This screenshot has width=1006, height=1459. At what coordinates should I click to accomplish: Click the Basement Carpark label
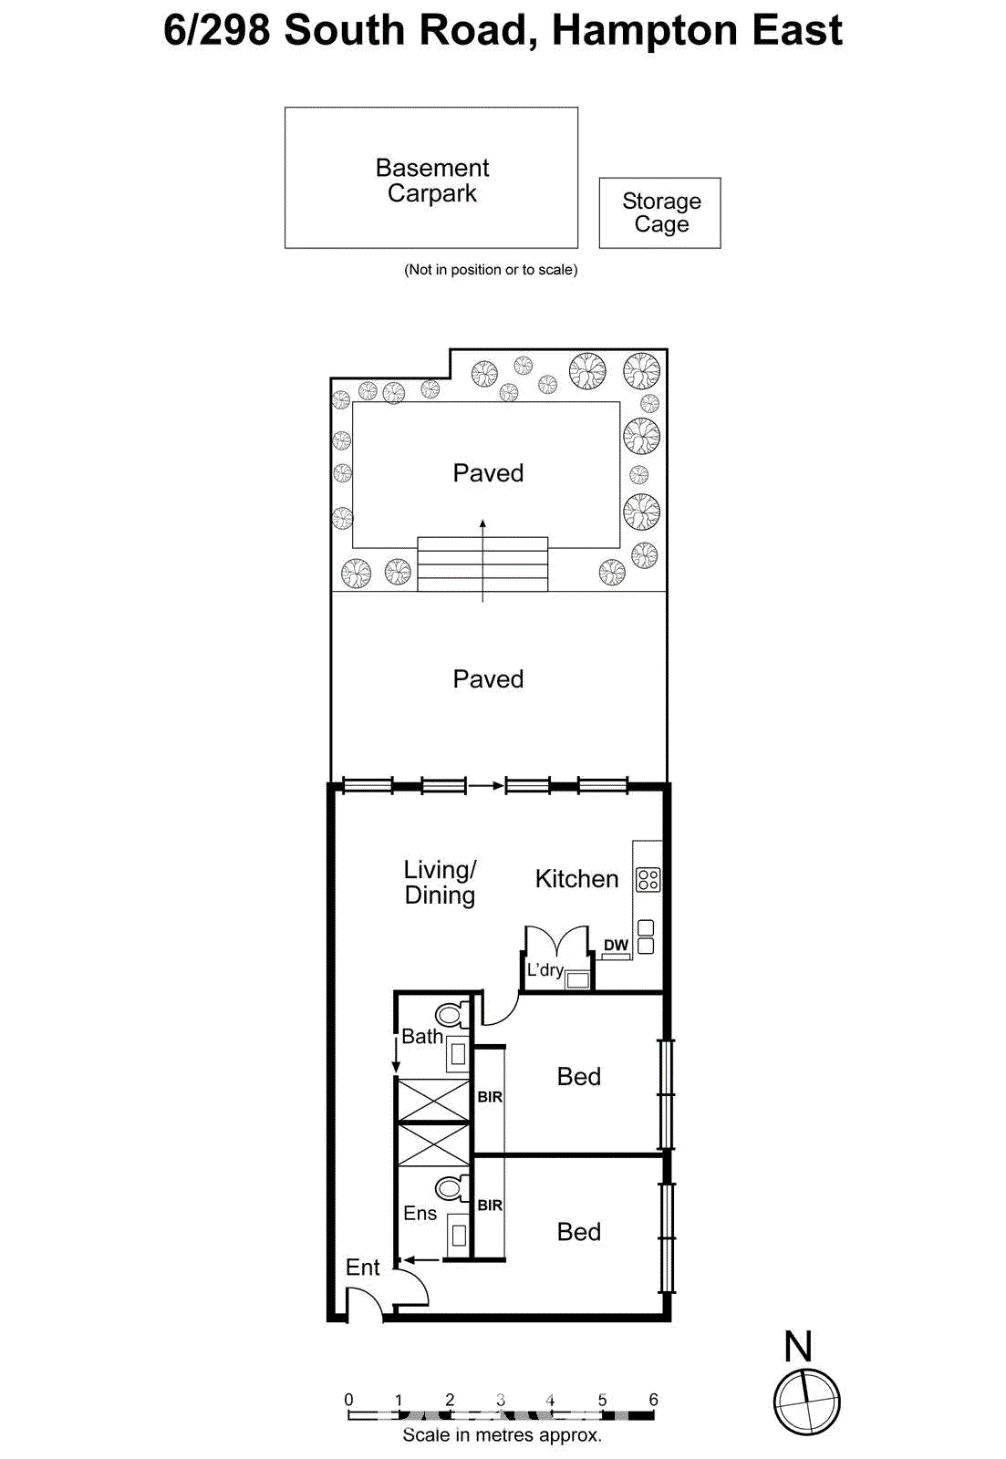pyautogui.click(x=431, y=181)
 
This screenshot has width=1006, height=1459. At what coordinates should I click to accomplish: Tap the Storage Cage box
pyautogui.click(x=660, y=212)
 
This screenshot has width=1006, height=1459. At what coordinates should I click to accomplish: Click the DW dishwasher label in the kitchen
pyautogui.click(x=616, y=945)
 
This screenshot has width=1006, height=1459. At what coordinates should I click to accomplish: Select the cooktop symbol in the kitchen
pyautogui.click(x=648, y=879)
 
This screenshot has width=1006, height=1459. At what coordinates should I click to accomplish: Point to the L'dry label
pyautogui.click(x=544, y=969)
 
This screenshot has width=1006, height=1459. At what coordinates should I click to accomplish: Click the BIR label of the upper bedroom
pyautogui.click(x=490, y=1097)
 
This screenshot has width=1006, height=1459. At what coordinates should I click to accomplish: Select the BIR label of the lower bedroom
pyautogui.click(x=490, y=1205)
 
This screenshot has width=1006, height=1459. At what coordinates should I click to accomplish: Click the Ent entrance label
pyautogui.click(x=362, y=1268)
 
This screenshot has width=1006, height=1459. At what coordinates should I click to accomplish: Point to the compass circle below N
pyautogui.click(x=806, y=1402)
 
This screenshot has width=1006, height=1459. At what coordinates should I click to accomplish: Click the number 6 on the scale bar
pyautogui.click(x=653, y=1399)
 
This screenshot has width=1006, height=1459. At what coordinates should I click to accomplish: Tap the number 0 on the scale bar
pyautogui.click(x=348, y=1399)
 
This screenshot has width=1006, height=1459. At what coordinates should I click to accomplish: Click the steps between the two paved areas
pyautogui.click(x=482, y=564)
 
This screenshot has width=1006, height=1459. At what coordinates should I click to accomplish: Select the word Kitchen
pyautogui.click(x=576, y=879)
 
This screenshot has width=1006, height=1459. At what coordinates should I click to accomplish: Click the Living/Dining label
pyautogui.click(x=440, y=882)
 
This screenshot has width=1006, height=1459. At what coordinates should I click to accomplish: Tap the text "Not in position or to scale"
pyautogui.click(x=491, y=270)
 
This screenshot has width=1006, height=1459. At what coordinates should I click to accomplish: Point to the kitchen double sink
pyautogui.click(x=646, y=937)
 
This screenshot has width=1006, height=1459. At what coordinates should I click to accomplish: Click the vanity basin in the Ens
pyautogui.click(x=459, y=1235)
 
